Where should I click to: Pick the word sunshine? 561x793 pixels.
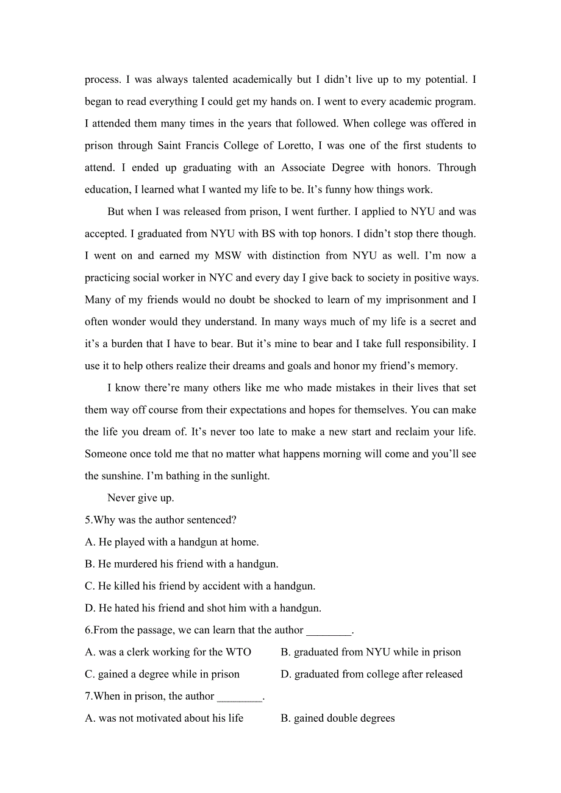tap(107, 476)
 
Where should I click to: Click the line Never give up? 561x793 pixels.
tap(141, 498)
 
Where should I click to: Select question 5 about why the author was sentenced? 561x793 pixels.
tap(160, 520)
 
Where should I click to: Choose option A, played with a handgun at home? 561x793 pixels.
tap(171, 541)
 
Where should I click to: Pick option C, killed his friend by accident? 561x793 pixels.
tap(200, 586)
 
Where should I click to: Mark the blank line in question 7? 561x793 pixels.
tap(240, 697)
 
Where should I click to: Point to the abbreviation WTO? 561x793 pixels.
tap(238, 652)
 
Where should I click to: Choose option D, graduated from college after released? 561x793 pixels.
tap(371, 674)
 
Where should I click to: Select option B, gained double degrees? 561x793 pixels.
tap(337, 718)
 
